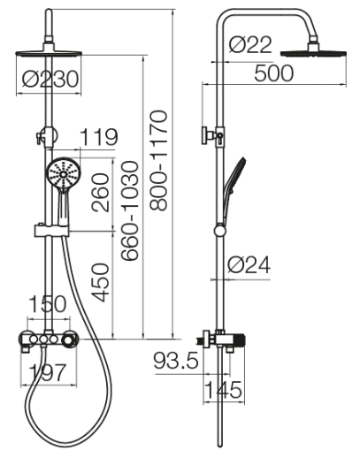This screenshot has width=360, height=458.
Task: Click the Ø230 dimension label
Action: tap(50, 79)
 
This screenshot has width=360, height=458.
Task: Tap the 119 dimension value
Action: tap(99, 137)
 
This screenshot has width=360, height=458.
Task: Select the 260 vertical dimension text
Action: tap(101, 193)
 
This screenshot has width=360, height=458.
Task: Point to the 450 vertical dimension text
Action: tap(101, 282)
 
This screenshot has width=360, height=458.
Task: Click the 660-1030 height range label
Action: tap(130, 210)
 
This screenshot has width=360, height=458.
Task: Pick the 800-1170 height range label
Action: tap(158, 160)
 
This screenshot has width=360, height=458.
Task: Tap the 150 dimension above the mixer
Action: tap(48, 304)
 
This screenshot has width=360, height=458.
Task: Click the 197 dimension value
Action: tap(48, 372)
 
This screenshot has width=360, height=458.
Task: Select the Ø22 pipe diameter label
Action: tap(250, 45)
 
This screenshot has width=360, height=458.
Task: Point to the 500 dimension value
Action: tap(274, 73)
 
